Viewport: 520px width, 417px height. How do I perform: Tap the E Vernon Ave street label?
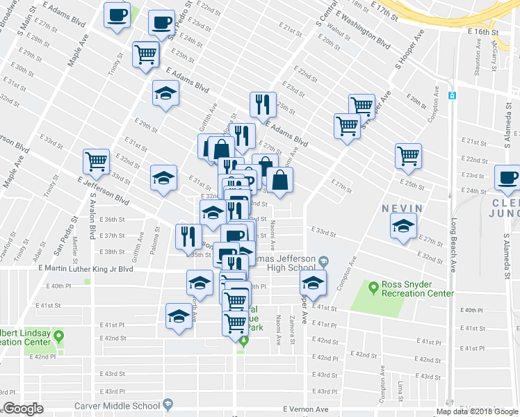click(305, 410)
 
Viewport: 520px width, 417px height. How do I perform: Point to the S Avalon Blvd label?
click(91, 215)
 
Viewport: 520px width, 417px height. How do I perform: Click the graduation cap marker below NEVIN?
click(403, 227)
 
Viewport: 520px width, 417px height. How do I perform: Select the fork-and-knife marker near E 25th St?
click(263, 104)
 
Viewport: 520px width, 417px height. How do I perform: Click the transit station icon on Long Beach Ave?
click(452, 95)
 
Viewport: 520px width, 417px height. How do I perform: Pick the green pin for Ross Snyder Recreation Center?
click(373, 285)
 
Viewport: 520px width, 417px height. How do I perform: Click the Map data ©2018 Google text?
click(477, 411)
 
